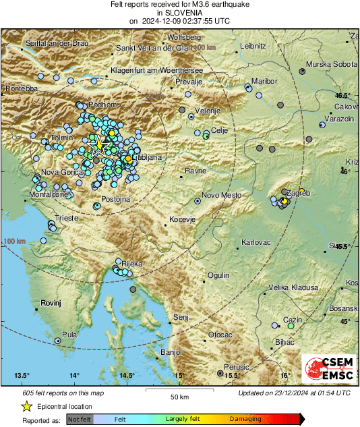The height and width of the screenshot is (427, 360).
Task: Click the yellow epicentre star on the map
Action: coord(98,144)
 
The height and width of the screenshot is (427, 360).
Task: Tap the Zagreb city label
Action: coord(299,193)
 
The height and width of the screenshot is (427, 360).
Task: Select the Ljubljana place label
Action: coord(146,157)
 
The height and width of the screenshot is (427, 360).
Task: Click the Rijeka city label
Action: coord(131,264)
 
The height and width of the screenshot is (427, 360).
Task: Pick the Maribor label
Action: coord(265,81)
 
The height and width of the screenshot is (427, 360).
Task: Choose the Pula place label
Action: coord(69,334)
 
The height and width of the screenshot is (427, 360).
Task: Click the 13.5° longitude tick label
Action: coord(22,375)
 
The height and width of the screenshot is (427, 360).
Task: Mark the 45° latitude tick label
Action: coord(345,321)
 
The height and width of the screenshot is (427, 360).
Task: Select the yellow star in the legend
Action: coord(26,406)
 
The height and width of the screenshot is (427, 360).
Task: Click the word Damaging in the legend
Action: coord(245,419)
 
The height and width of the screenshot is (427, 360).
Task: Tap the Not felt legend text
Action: coord(80,419)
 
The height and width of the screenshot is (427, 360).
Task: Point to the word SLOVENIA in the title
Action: coord(179,12)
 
